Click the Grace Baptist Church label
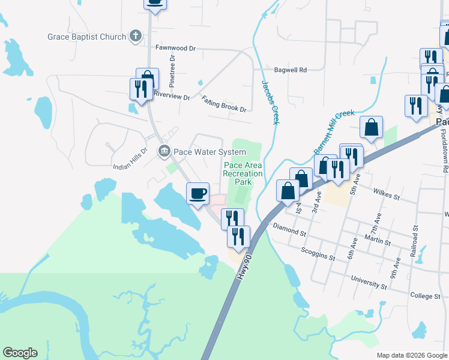point(87,37)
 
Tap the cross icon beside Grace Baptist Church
point(136,36)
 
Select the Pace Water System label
point(209,152)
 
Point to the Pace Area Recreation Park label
point(243,173)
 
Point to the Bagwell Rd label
point(291,70)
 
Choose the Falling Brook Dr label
point(224,104)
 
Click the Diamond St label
point(289,227)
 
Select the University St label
point(363,283)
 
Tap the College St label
point(426,296)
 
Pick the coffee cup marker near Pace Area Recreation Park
point(197,193)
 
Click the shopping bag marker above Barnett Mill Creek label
point(372,127)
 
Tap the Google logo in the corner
point(20,353)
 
